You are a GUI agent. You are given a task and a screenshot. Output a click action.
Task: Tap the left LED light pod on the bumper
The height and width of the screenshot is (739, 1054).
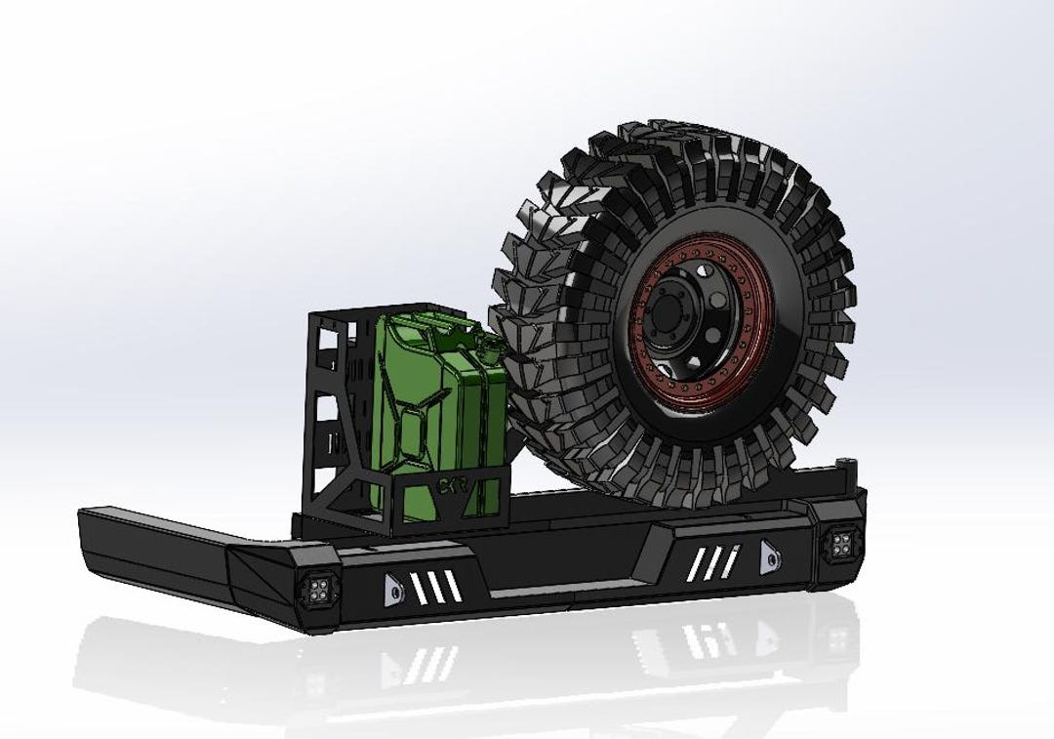point(315,589)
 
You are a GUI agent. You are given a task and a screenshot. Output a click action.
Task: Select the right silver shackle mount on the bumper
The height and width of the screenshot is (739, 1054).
point(769,555)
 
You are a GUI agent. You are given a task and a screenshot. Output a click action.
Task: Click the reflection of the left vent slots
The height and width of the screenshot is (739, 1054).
point(429,664)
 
